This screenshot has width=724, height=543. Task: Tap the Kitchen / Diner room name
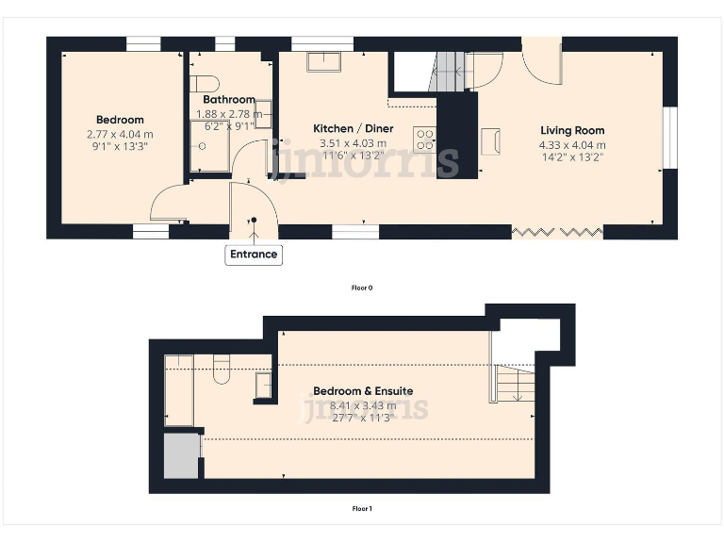(354, 128)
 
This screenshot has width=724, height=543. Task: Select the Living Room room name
(572, 130)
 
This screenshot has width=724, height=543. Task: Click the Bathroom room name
(229, 100)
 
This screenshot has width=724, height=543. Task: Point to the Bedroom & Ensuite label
(363, 390)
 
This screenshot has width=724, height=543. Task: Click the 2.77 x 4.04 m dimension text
(120, 134)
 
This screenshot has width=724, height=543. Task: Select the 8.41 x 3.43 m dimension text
(363, 405)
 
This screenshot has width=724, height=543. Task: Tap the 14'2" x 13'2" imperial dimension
(572, 157)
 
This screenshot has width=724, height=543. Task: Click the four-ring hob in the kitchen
(425, 140)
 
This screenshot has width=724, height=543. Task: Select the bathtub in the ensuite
(179, 390)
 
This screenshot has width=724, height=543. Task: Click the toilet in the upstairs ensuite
(222, 370)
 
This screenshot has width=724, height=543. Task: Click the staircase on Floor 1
(513, 384)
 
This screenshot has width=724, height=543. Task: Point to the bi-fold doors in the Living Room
(557, 230)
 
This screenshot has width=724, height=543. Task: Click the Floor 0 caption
(362, 287)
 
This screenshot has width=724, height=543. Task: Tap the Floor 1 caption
(362, 509)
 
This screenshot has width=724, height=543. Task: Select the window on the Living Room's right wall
(669, 139)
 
